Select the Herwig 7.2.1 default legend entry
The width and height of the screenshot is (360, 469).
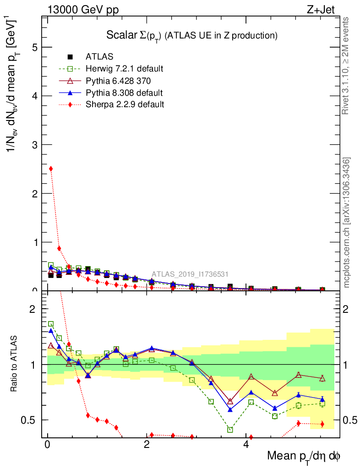124,69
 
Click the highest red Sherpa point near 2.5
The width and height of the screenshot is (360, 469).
51,169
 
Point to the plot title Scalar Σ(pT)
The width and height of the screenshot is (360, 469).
192,35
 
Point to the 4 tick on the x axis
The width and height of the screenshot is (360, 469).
245,445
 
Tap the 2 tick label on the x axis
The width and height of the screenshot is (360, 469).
147,445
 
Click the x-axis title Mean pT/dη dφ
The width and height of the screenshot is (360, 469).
304,456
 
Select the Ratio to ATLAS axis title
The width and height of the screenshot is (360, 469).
15,365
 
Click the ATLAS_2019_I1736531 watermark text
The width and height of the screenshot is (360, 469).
190,274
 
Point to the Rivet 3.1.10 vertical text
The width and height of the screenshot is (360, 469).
346,66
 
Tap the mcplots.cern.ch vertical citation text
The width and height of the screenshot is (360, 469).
347,223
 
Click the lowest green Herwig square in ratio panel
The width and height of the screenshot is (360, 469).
230,430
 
